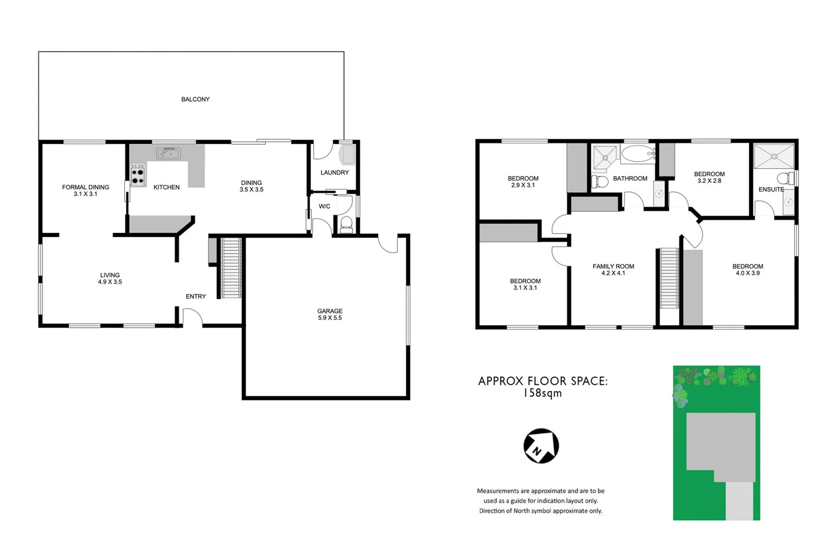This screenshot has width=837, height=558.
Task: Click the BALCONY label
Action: [x=195, y=99]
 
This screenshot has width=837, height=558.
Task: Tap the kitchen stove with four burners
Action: [x=138, y=175]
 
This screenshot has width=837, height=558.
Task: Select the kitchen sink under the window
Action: [x=168, y=153]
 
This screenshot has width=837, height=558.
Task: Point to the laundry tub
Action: [x=347, y=154]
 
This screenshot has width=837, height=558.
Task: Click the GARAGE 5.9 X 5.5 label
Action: [x=330, y=315]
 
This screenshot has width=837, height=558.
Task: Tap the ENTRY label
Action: [x=196, y=297]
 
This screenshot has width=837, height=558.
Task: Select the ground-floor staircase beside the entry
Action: [x=231, y=268]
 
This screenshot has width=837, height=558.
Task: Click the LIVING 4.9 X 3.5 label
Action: [x=110, y=278]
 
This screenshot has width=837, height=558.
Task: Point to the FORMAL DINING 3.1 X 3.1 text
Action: [x=86, y=191]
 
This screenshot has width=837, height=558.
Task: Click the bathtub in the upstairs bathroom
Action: [x=638, y=154]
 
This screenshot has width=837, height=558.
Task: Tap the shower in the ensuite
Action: [x=774, y=156]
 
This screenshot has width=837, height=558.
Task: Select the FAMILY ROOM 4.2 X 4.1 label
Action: [x=613, y=270]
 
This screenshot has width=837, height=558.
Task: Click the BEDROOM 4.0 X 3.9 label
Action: [x=747, y=270]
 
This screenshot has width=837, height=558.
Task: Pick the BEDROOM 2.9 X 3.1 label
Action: [x=523, y=182]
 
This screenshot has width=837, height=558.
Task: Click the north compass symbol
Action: [x=541, y=446]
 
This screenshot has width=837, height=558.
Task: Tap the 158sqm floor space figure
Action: [x=542, y=393]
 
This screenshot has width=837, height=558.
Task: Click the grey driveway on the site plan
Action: [x=740, y=501]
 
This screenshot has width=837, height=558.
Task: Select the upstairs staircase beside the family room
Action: [x=670, y=278]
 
